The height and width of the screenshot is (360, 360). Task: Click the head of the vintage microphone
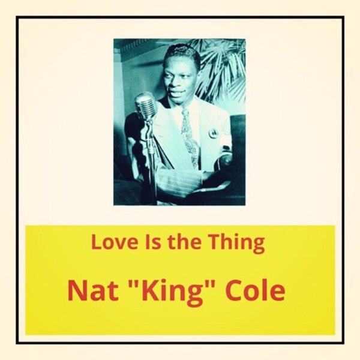click(x=146, y=107)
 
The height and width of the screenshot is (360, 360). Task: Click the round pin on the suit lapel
click(x=212, y=133)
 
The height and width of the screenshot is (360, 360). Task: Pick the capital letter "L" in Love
click(x=97, y=243)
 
